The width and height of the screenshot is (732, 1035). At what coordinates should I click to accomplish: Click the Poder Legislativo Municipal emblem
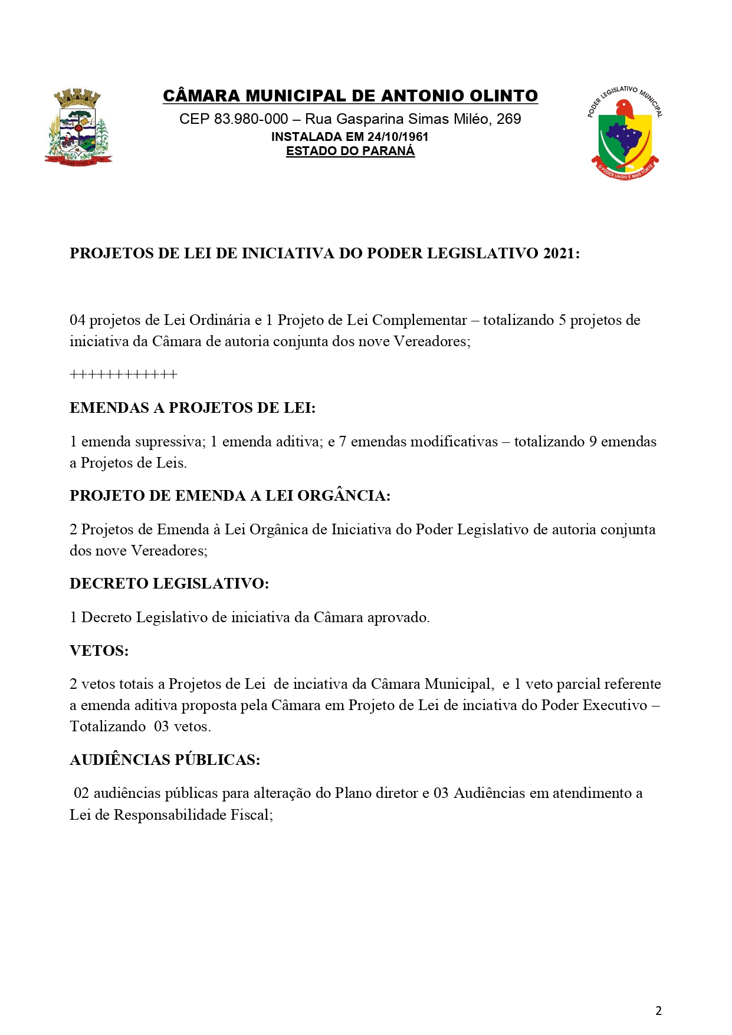625,133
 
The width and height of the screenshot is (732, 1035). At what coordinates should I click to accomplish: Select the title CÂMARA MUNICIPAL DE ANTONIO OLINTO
350,96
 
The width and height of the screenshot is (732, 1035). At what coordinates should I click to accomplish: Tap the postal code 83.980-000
251,119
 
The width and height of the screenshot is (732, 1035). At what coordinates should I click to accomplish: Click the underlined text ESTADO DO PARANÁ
350,151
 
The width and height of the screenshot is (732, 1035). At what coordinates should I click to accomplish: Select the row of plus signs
123,374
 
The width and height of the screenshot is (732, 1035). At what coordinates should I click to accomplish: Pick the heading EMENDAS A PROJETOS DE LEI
192,408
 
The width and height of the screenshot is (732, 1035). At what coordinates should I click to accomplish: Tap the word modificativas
424,442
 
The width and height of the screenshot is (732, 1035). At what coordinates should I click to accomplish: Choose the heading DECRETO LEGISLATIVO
169,583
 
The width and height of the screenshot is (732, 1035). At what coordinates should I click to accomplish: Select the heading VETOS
99,650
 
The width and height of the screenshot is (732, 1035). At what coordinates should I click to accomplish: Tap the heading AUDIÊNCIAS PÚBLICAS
165,760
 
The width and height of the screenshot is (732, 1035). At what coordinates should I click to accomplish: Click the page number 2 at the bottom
658,1010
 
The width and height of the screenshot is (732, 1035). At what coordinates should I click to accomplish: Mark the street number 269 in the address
508,119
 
